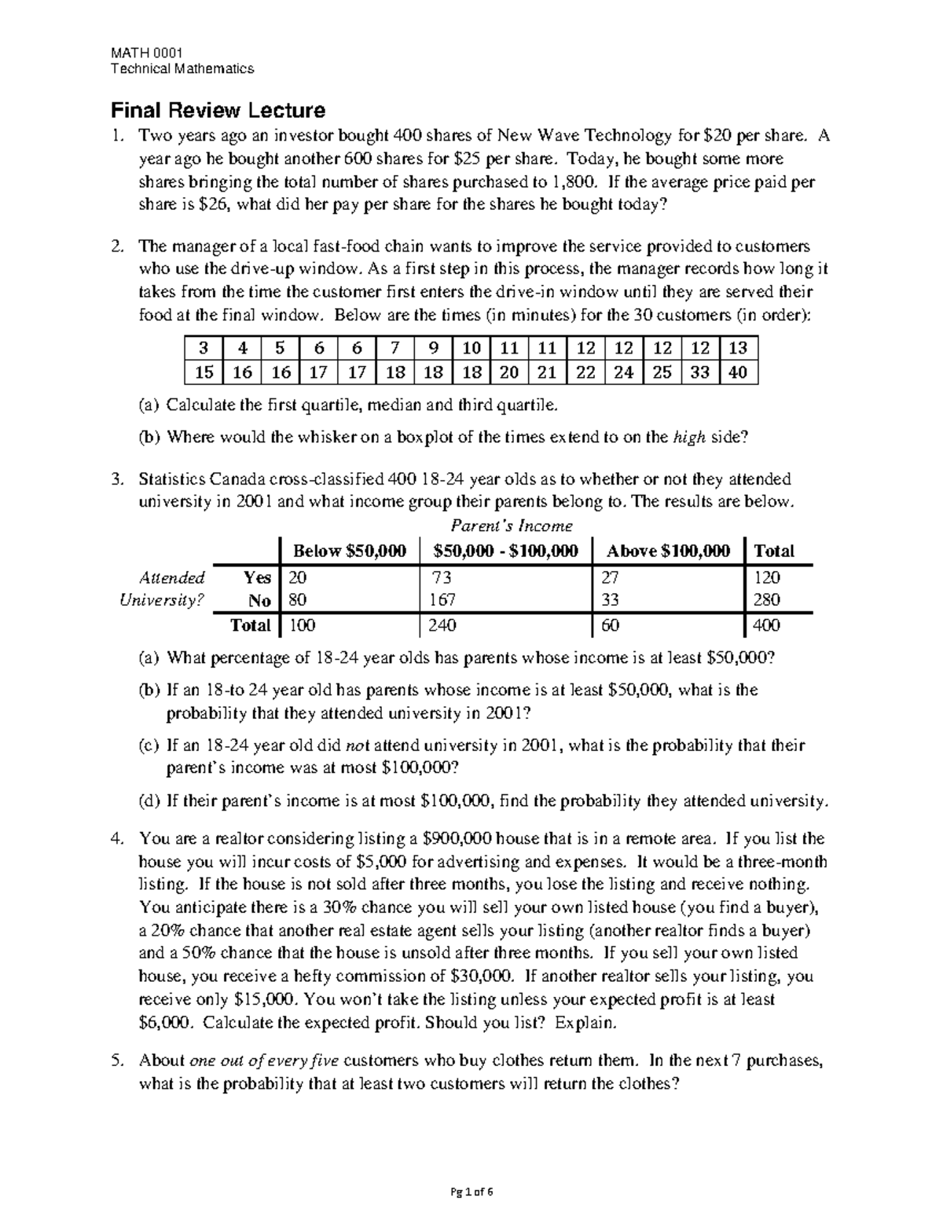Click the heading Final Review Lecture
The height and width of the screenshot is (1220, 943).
pyautogui.click(x=218, y=110)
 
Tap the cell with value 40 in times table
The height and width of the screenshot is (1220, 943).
pyautogui.click(x=738, y=372)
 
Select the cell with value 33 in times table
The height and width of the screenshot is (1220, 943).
pyautogui.click(x=699, y=372)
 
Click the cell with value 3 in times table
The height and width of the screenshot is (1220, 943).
pyautogui.click(x=204, y=348)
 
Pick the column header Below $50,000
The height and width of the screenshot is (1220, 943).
pyautogui.click(x=350, y=551)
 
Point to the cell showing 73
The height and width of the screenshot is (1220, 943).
pyautogui.click(x=442, y=577)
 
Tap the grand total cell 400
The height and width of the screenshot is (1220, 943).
pyautogui.click(x=767, y=625)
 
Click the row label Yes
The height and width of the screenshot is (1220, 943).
pyautogui.click(x=257, y=577)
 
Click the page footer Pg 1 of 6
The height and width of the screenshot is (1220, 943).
pyautogui.click(x=472, y=1192)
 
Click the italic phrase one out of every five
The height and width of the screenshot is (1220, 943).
pyautogui.click(x=265, y=1061)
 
